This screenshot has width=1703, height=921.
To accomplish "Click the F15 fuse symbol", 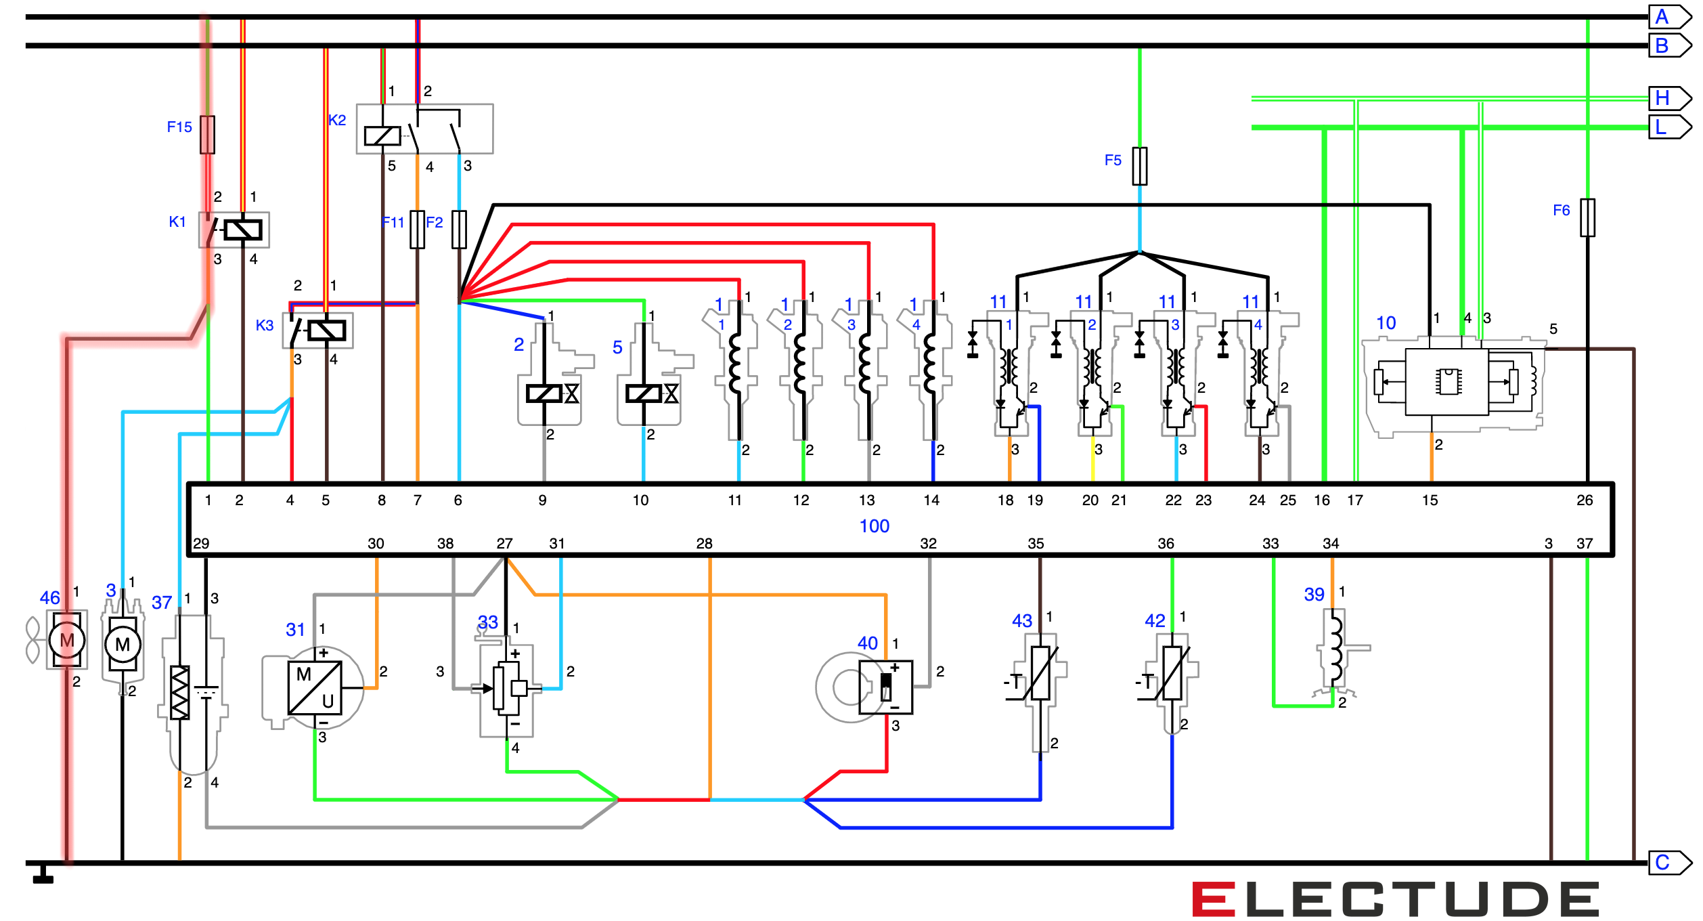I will pos(207,135).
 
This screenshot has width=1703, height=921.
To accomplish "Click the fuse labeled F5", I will pos(1140,166).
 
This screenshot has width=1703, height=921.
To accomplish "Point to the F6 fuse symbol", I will pos(1587,217).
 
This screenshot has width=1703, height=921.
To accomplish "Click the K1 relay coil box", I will pos(243,230).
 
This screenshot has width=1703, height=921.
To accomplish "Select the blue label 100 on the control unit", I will pos(874,526).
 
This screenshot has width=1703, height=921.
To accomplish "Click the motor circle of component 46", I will pos(67,640).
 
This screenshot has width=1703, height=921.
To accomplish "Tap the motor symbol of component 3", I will pos(123,644).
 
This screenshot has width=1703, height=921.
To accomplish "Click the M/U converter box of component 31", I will pos(315,687).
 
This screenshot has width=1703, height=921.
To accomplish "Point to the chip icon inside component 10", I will pos(1447,381).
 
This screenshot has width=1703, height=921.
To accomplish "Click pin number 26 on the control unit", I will pos(1585,500).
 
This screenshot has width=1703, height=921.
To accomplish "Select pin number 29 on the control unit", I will pos(201,544).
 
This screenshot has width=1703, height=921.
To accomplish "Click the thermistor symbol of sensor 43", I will pos(1040,673).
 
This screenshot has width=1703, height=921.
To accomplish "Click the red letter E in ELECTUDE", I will pos(1214,899).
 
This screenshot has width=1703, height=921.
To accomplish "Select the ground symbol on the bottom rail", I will pos(43,876).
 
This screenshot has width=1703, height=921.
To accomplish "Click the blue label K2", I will pos(336,120).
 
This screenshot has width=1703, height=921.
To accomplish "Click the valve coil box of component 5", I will pos(642,393).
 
